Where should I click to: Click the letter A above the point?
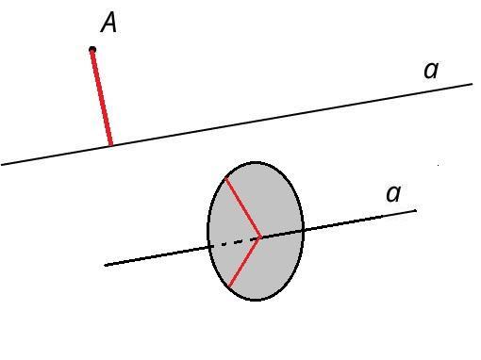tap(108, 24)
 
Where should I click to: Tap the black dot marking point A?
tap(92, 49)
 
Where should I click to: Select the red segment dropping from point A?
tap(101, 97)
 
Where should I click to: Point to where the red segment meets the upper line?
tap(110, 145)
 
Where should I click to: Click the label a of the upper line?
tap(431, 71)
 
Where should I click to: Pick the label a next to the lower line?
tap(393, 193)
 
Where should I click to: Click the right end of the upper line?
tap(473, 84)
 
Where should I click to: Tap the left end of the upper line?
tap(1, 164)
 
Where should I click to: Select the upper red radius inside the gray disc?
tap(242, 207)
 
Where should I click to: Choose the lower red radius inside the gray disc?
tap(244, 262)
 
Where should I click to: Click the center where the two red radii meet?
tap(260, 237)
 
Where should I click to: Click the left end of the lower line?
tap(106, 265)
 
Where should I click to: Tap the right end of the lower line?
tap(416, 210)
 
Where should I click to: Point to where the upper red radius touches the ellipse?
tap(225, 178)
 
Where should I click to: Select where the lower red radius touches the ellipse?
tap(229, 286)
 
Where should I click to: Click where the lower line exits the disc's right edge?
tap(303, 230)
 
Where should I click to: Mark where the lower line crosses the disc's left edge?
tap(208, 247)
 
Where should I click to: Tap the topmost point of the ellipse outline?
tap(256, 163)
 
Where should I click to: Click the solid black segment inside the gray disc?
tap(282, 234)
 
